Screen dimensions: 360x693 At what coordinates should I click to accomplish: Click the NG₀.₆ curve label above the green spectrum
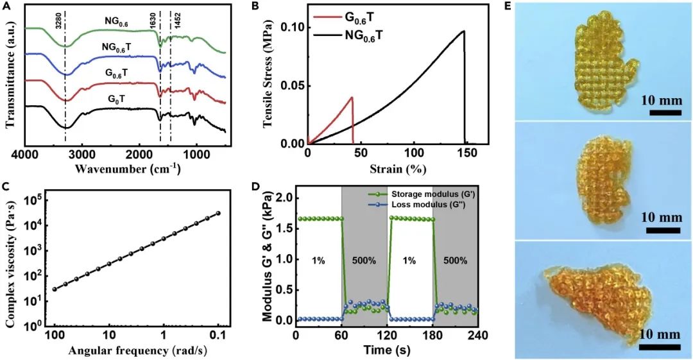[117, 21]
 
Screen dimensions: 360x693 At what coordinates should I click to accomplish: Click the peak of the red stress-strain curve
[352, 98]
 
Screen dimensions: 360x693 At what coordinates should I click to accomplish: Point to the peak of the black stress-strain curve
[464, 31]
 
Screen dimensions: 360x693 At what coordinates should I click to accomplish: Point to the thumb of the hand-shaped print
[632, 65]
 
